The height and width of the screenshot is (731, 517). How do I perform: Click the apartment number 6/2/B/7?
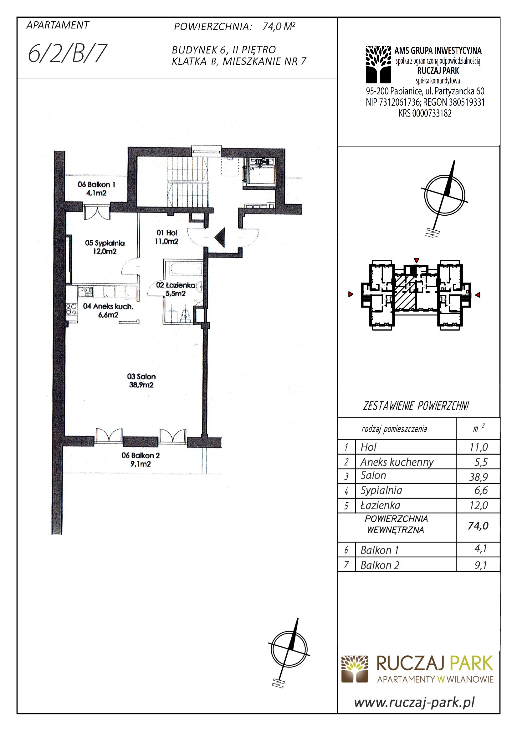[67, 53]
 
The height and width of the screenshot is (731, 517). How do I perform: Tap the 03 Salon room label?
[141, 380]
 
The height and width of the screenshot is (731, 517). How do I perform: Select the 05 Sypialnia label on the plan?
[105, 247]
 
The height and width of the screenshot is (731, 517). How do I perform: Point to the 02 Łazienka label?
[176, 289]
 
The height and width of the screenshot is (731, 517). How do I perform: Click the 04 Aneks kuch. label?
[108, 310]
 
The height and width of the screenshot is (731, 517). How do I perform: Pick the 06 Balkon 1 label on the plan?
[96, 188]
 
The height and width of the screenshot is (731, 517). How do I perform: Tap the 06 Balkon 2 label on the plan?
[141, 459]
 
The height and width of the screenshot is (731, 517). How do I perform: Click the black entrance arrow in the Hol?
[220, 238]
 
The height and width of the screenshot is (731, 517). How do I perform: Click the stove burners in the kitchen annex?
[71, 309]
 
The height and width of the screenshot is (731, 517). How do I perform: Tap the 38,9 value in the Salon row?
[479, 477]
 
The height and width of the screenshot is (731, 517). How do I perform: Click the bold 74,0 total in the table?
[478, 526]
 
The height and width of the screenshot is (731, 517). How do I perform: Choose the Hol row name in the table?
[368, 447]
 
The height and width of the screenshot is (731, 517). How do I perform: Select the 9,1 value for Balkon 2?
[481, 565]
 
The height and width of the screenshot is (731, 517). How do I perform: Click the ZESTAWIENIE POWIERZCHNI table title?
[416, 406]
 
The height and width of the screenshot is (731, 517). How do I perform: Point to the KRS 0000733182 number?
[425, 113]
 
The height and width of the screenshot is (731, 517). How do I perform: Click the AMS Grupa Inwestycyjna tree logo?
[378, 65]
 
